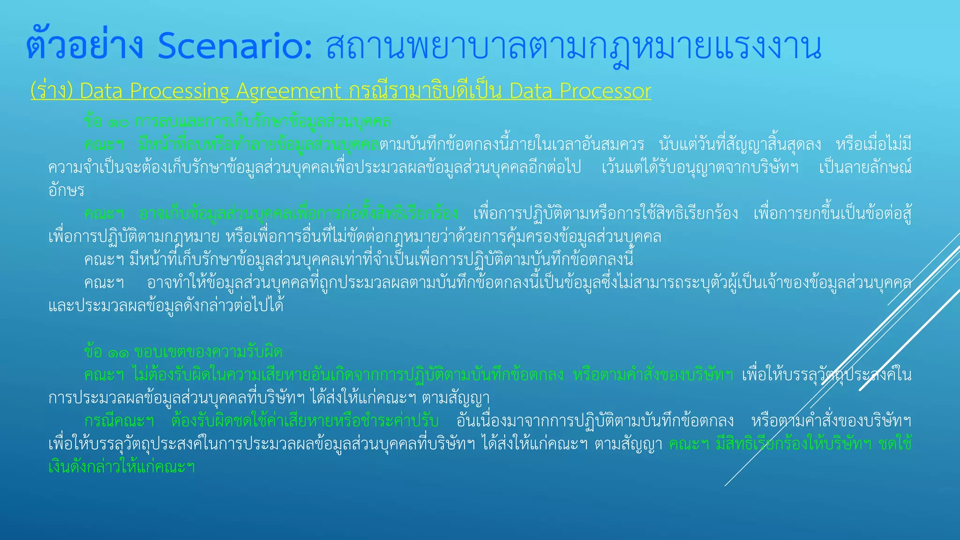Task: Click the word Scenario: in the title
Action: [234, 47]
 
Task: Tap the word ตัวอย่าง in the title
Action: [84, 47]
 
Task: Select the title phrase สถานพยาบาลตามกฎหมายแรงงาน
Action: [573, 48]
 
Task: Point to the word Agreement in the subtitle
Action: [288, 90]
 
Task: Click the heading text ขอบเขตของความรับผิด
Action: [209, 352]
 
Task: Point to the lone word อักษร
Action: [66, 190]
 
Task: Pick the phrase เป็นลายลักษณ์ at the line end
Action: [865, 167]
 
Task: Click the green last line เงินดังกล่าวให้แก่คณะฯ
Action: [121, 467]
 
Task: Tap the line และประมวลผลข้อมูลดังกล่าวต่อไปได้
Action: [166, 306]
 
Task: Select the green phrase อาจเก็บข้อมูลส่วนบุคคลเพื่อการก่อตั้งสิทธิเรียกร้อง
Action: [299, 214]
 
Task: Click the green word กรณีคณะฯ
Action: [119, 420]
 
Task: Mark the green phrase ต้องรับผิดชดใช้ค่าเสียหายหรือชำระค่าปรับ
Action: [305, 420]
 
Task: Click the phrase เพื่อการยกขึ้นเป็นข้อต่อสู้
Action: [832, 214]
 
